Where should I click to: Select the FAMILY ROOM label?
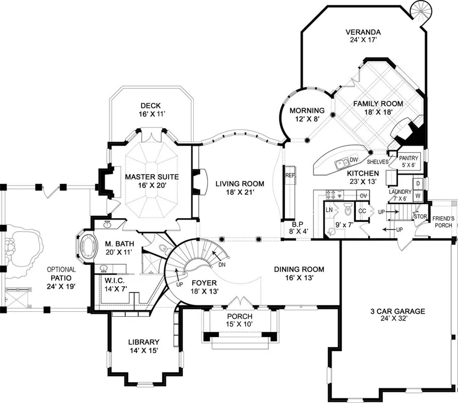point(377,104)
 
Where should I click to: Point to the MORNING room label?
point(307,111)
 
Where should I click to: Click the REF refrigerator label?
point(289,176)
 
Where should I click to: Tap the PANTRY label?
point(408,158)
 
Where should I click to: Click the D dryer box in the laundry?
point(417,183)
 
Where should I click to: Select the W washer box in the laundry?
point(417,195)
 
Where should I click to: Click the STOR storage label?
point(420,217)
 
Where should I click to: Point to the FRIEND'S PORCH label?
point(443,222)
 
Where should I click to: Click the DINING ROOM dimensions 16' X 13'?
point(299,278)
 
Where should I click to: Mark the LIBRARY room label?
point(143,342)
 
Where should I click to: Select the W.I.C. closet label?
point(115,280)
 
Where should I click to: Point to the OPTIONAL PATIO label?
point(61,274)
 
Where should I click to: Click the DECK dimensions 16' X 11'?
point(150,114)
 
